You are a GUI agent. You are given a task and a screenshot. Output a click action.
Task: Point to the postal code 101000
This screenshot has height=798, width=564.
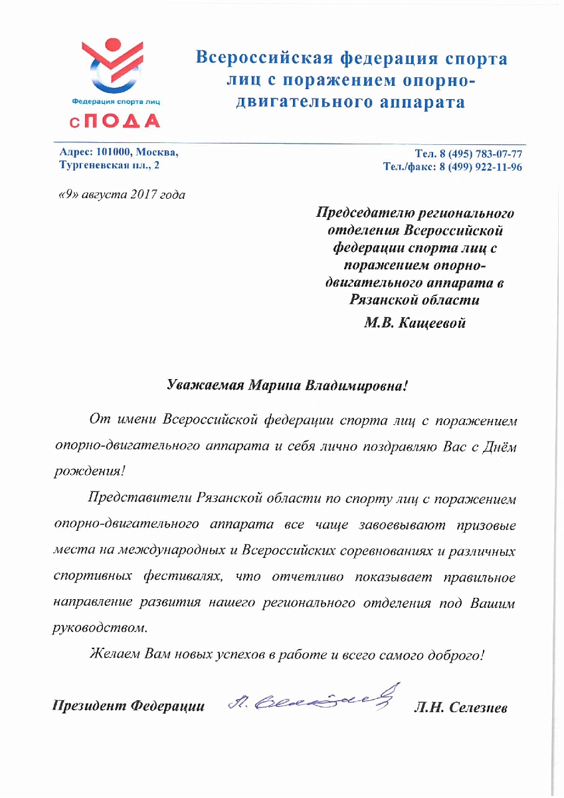pyautogui.click(x=115, y=152)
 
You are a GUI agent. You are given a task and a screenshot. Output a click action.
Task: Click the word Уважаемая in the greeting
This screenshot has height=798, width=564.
pyautogui.click(x=204, y=384)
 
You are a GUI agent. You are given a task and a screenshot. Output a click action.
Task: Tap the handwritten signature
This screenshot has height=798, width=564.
pyautogui.click(x=308, y=698)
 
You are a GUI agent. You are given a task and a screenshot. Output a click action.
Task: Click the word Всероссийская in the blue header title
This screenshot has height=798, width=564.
pyautogui.click(x=263, y=59)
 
